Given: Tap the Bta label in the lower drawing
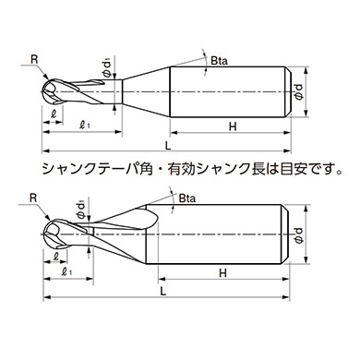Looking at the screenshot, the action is (x=187, y=198).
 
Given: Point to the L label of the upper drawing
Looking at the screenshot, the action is (x=166, y=147).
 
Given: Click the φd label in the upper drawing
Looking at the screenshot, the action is (x=295, y=90).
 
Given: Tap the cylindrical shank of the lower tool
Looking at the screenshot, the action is (x=226, y=234).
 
